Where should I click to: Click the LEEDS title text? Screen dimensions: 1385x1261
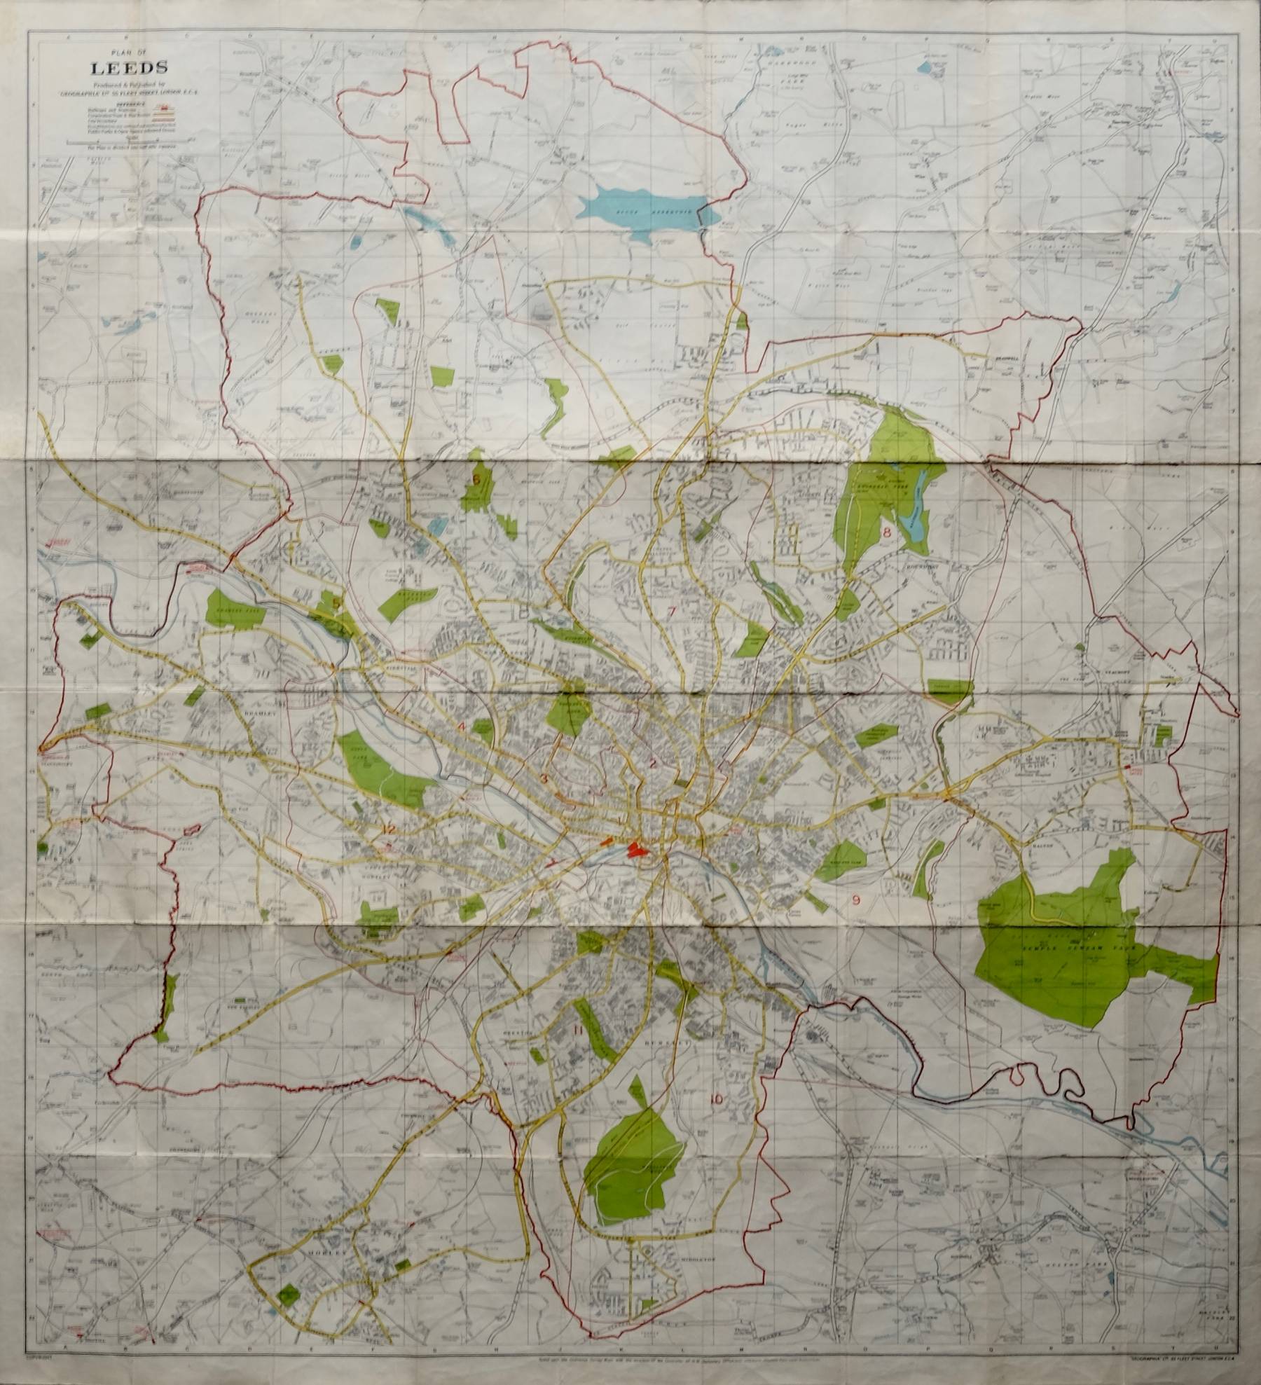click(126, 69)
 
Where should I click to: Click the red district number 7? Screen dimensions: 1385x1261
click(672, 612)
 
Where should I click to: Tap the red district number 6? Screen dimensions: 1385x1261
click(477, 480)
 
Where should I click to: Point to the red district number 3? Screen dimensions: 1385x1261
click(544, 778)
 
